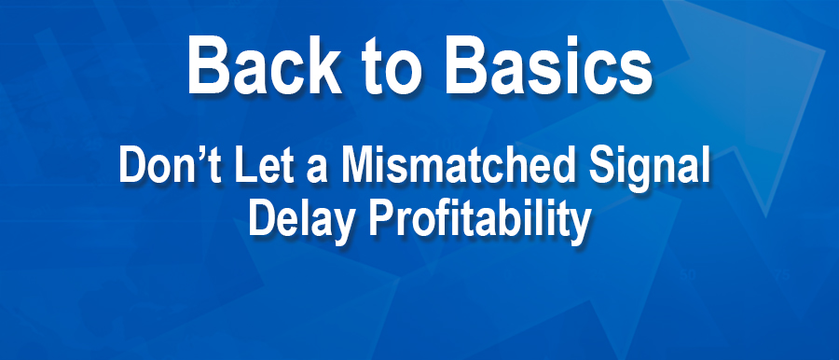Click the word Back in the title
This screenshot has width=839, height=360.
coord(265,65)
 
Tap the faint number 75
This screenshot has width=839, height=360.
coord(780,276)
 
